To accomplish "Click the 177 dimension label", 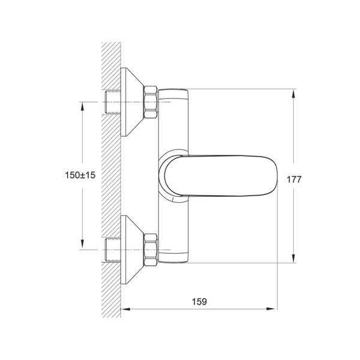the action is (294, 179).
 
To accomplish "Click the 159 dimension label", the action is (199, 301).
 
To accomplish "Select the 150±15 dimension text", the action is (80, 175).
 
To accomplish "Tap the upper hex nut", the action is (151, 102).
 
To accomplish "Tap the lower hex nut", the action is (151, 250).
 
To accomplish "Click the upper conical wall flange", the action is (132, 102).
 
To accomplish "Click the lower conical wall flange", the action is (132, 250).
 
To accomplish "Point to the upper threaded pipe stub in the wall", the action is (113, 102).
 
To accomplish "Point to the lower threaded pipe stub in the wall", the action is (113, 250).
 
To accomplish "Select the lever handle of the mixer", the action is (220, 176).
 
